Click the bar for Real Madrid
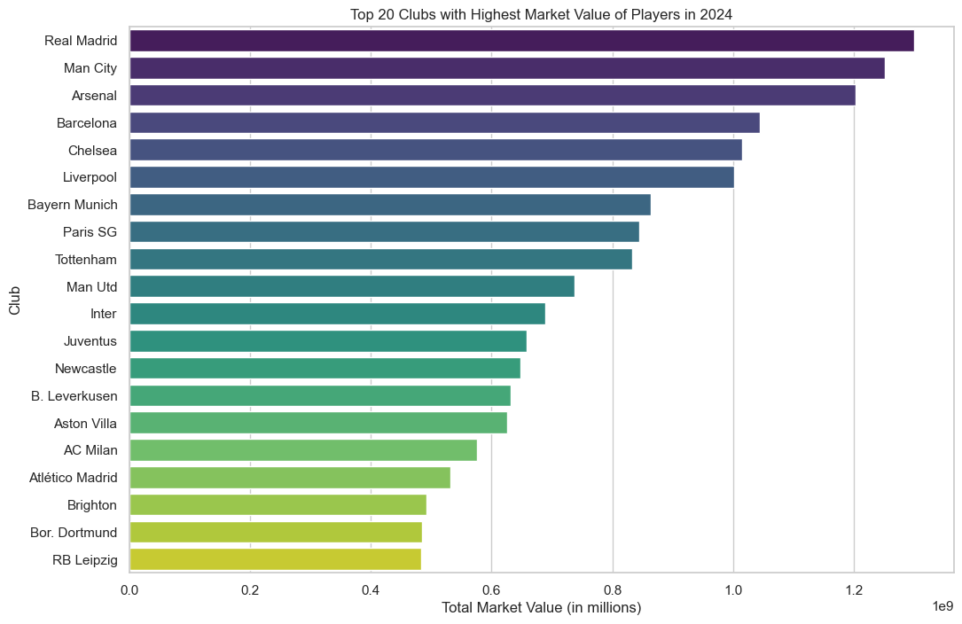coord(521,41)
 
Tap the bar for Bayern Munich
coord(390,205)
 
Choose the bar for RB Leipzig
coord(275,559)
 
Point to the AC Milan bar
coord(303,450)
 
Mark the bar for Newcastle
coord(325,368)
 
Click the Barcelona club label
coord(87,123)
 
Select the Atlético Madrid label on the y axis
coord(73,478)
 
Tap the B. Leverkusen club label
coord(74,396)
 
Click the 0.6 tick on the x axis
coord(491,589)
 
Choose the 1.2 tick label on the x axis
coord(853,589)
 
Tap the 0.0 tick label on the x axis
coord(130,589)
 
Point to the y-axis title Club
coord(15,300)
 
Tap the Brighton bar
coord(278,505)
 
